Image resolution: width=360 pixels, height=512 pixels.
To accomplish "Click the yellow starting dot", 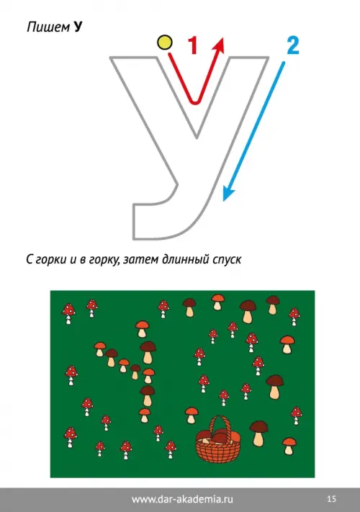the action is tap(165, 42).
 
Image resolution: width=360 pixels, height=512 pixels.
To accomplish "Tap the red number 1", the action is tap(193, 45).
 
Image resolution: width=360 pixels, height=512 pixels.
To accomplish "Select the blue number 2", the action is tap(293, 45).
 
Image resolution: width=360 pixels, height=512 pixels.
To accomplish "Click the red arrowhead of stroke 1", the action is tap(220, 45).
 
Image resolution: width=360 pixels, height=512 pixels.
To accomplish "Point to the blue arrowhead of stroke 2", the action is tap(228, 193).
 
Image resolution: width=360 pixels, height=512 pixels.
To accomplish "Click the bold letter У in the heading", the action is tap(77, 27).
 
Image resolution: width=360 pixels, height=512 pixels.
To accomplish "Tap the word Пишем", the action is tap(48, 27).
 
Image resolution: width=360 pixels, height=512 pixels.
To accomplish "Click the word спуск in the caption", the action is tap(227, 259).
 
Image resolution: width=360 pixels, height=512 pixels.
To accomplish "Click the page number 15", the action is tap(331, 498).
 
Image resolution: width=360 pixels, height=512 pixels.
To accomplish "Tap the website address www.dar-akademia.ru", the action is tap(182, 499).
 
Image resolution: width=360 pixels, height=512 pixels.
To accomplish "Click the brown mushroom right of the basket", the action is tap(258, 434).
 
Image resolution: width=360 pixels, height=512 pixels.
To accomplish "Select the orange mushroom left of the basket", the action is tap(192, 415).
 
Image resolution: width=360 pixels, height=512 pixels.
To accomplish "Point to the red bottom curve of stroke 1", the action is tap(195, 102).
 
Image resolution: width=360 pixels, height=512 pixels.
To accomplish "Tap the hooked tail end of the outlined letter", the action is tap(133, 222).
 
